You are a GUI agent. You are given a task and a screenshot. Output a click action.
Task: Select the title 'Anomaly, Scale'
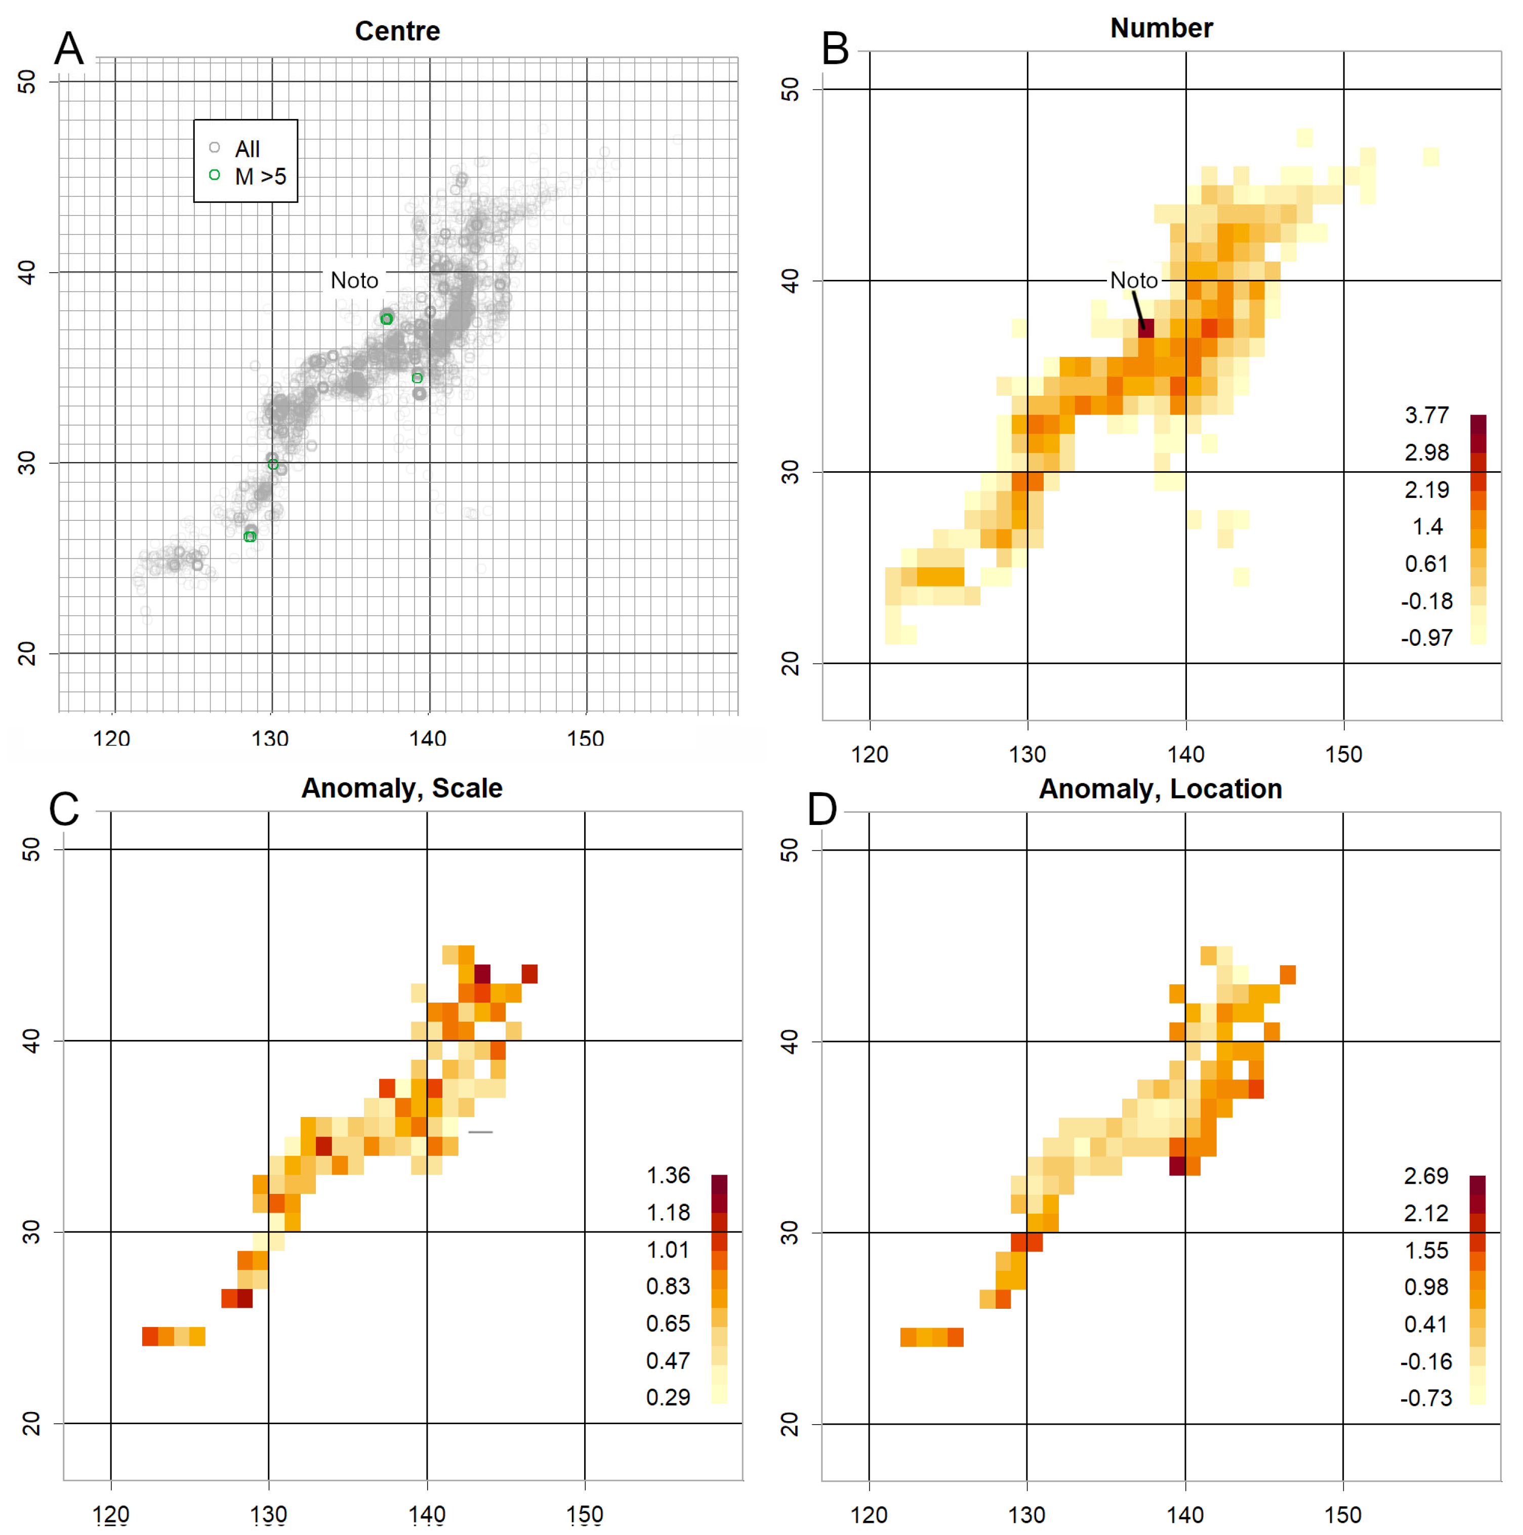click(x=401, y=788)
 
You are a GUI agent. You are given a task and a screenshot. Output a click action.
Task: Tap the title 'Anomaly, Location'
click(x=1160, y=789)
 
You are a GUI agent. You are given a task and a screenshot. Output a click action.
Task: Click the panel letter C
click(x=64, y=810)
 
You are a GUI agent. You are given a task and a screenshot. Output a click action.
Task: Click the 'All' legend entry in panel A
click(x=247, y=149)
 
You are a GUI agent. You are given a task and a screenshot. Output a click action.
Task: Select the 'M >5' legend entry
click(x=260, y=177)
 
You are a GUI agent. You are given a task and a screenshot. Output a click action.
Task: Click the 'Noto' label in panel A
click(x=354, y=280)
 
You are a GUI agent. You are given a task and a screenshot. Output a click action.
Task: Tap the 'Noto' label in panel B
click(x=1134, y=280)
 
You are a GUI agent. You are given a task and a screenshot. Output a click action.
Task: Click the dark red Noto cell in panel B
click(x=1145, y=328)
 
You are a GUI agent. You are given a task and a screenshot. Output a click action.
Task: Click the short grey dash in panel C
click(x=481, y=1132)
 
